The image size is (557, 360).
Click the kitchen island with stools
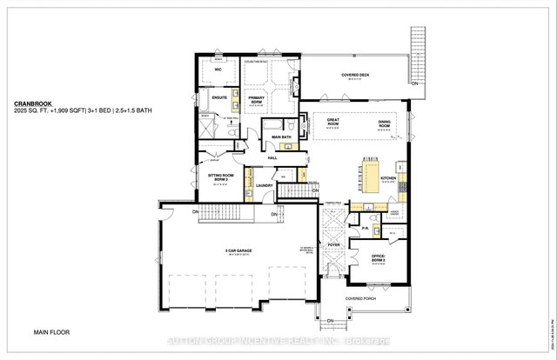371,170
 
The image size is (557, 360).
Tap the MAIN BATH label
280,137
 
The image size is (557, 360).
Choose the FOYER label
332,245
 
